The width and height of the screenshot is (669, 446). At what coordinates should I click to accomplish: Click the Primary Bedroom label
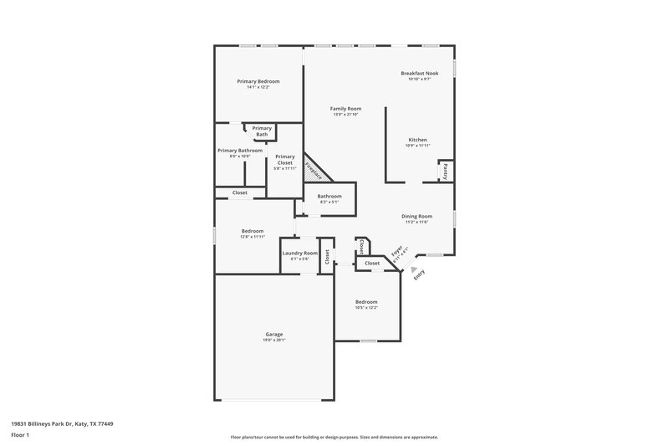[x=258, y=81]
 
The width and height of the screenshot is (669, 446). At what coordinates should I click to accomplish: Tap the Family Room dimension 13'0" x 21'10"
[x=345, y=115]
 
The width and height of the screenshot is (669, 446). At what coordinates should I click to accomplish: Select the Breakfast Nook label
[x=419, y=73]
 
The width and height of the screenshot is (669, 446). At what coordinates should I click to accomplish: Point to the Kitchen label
[x=417, y=140]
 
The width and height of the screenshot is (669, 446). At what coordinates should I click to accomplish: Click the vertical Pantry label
[x=446, y=171]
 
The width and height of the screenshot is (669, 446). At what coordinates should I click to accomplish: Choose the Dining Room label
[x=416, y=216]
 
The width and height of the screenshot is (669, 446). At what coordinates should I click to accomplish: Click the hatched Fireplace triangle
[x=314, y=168]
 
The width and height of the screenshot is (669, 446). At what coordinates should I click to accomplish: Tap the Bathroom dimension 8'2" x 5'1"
[x=329, y=202]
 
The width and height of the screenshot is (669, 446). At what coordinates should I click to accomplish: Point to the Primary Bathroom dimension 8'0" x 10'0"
[x=233, y=156]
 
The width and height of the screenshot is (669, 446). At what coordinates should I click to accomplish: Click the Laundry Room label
[x=299, y=253]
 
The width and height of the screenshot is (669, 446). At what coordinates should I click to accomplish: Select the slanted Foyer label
[x=398, y=254]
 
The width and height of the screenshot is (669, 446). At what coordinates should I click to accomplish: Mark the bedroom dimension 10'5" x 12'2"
[x=366, y=307]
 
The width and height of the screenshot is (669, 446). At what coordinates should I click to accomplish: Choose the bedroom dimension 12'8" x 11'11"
[x=253, y=237]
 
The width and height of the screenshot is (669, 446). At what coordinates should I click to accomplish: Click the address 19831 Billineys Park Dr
[x=62, y=424]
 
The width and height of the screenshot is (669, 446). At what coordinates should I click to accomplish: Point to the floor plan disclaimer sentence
[x=334, y=437]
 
